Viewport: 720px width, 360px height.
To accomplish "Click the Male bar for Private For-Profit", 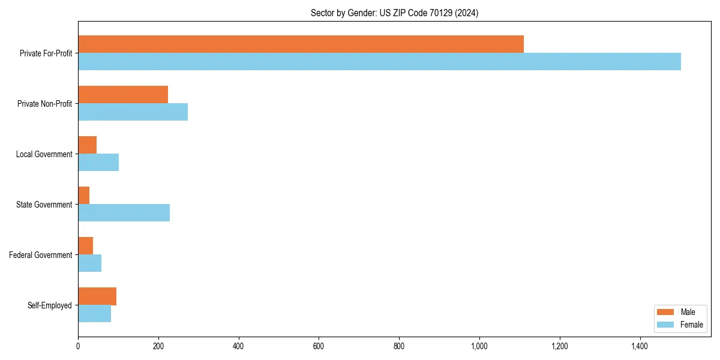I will (301, 44).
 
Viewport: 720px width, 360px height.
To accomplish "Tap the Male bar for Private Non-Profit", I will (123, 95).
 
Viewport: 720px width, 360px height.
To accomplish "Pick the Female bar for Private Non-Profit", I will (133, 112).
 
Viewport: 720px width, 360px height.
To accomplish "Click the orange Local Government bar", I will (88, 145).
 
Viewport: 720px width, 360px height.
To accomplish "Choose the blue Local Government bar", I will (98, 163).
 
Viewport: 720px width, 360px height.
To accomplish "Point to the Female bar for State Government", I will (124, 213).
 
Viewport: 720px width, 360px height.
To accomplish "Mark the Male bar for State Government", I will (84, 196).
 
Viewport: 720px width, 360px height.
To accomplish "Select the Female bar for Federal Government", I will (89, 263).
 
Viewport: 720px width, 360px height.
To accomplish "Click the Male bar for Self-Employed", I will (97, 296).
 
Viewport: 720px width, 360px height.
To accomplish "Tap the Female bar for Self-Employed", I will (94, 314).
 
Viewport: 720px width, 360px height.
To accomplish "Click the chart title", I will (394, 13).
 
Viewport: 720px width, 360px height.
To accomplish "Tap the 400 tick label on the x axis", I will (239, 346).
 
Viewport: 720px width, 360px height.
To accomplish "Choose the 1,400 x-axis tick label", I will (640, 346).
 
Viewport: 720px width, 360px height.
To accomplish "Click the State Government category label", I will (44, 205).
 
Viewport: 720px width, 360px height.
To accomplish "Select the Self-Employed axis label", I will (50, 305).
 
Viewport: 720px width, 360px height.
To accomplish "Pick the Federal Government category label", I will (41, 255).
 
